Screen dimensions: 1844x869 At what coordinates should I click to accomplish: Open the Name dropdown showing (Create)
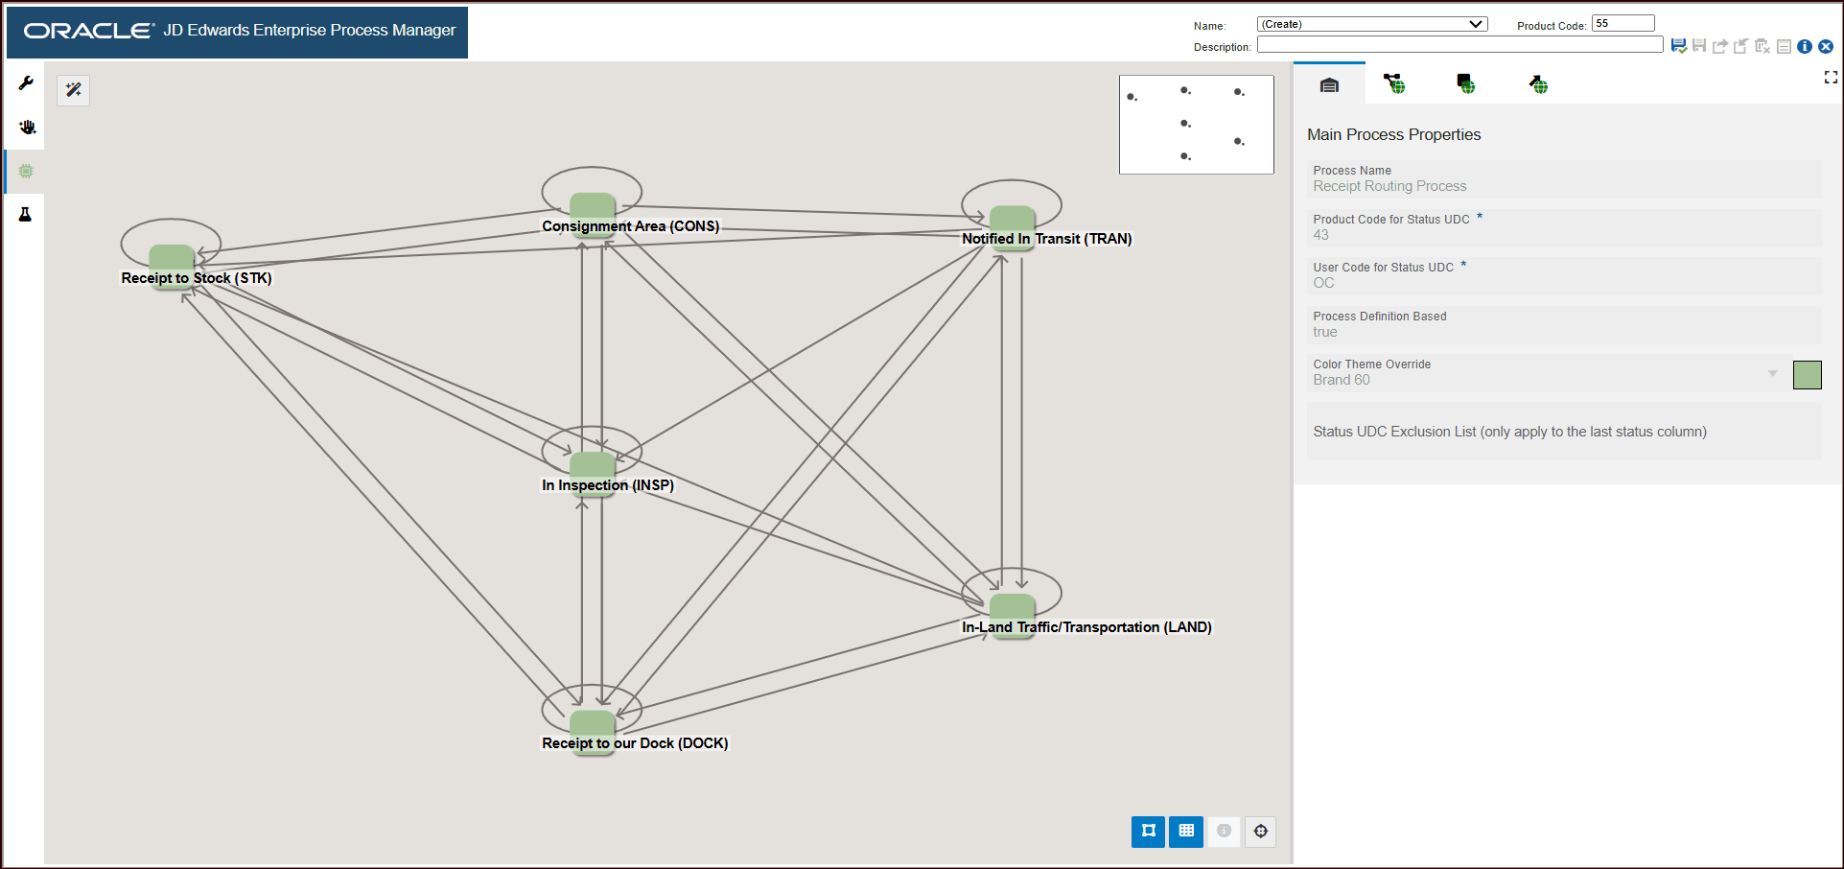pyautogui.click(x=1372, y=24)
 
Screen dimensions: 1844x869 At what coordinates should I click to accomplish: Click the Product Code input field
pyautogui.click(x=1623, y=23)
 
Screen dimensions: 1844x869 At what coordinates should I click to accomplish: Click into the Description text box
pyautogui.click(x=1459, y=45)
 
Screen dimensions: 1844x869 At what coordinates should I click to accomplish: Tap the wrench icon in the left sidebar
pyautogui.click(x=26, y=83)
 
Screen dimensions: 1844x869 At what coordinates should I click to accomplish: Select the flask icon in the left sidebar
pyautogui.click(x=26, y=214)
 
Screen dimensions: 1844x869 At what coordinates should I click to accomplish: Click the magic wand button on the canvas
pyautogui.click(x=74, y=90)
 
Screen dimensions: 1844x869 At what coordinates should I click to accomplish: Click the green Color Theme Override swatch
pyautogui.click(x=1807, y=375)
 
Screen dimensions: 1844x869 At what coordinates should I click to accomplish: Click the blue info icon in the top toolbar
pyautogui.click(x=1805, y=46)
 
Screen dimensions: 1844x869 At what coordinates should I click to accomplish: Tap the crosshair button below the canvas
pyautogui.click(x=1261, y=831)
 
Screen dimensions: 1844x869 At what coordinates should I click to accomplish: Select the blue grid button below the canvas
pyautogui.click(x=1186, y=831)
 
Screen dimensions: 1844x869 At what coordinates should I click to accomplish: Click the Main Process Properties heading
pyautogui.click(x=1393, y=135)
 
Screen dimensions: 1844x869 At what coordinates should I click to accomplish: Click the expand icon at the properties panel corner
pyautogui.click(x=1831, y=78)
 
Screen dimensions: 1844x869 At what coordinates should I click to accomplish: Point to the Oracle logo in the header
pyautogui.click(x=89, y=31)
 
